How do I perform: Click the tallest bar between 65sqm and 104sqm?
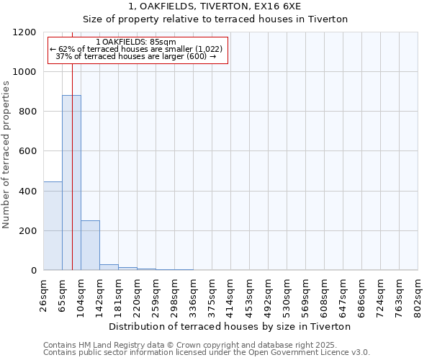point(71,183)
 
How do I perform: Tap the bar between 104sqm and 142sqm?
point(90,246)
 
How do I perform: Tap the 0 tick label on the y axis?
point(34,271)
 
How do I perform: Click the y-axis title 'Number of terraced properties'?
point(6,155)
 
